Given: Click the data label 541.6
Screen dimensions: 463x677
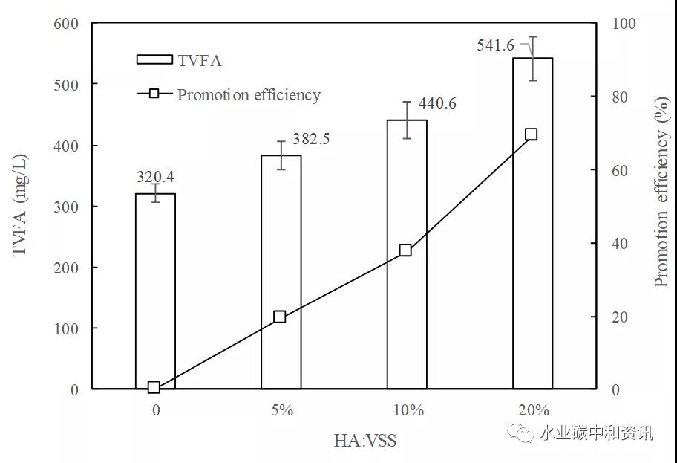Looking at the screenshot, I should tap(495, 46).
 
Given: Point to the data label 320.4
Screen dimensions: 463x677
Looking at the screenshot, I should tap(156, 177).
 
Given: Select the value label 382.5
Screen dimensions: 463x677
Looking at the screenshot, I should tap(310, 139).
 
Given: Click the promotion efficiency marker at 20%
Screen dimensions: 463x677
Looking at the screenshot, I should tap(531, 135).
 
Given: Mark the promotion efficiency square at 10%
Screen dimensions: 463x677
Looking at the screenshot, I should tap(405, 250).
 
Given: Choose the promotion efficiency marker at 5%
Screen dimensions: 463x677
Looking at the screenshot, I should tap(280, 317).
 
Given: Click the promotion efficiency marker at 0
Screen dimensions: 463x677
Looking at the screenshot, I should tap(154, 387).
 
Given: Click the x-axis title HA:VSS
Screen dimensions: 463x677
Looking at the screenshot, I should tap(365, 441).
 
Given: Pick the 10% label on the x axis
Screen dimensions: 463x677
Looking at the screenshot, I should tap(408, 410).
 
